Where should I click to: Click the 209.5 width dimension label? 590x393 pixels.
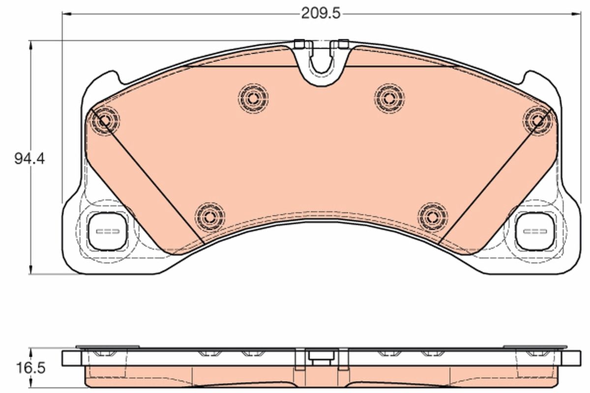point(321,13)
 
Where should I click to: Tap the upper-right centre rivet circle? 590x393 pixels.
point(389,97)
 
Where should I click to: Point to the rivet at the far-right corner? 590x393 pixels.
point(538,119)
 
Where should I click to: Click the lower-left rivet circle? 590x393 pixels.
point(209,216)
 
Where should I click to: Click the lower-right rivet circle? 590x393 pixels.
point(433,216)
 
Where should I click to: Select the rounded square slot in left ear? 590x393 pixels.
point(108,231)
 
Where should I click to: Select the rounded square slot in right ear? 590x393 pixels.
point(534,231)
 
